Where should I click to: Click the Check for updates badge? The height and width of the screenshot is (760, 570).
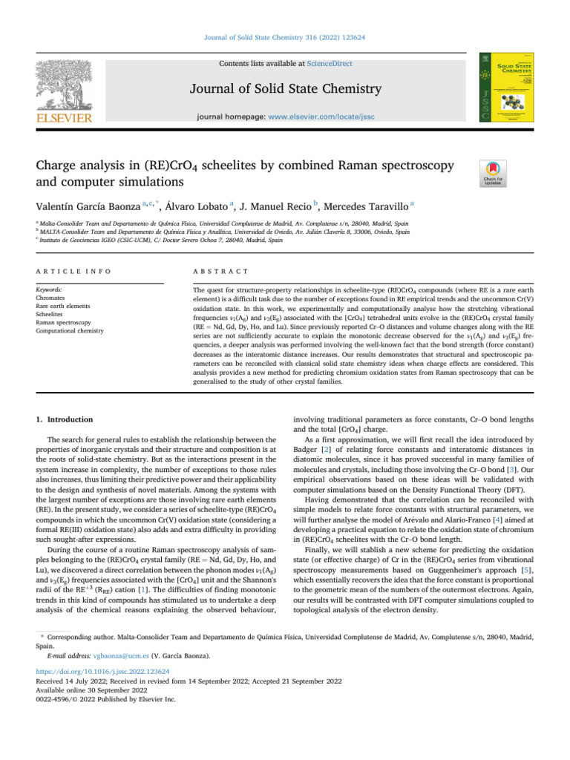click(494, 173)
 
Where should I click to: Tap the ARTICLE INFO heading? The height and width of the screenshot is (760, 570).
click(66, 273)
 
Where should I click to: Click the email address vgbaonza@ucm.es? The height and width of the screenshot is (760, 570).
click(117, 655)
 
